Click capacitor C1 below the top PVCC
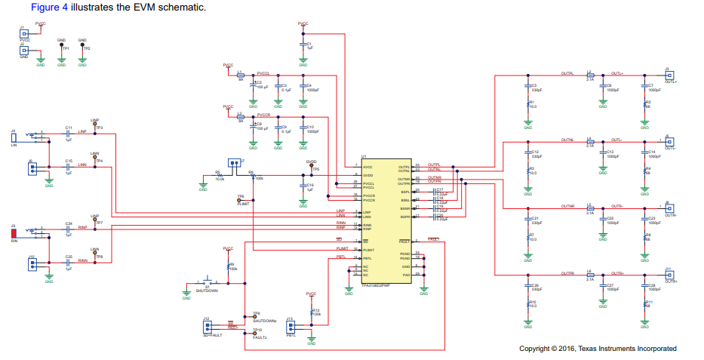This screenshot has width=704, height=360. [x=303, y=46]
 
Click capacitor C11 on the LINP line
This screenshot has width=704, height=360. [x=68, y=134]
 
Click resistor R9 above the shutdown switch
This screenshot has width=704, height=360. [x=228, y=266]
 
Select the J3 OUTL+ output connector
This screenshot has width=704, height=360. [x=669, y=75]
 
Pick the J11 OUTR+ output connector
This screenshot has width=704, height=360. [x=669, y=275]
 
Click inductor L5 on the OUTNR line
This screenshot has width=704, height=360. [x=590, y=208]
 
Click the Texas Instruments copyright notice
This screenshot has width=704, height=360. [x=597, y=349]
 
